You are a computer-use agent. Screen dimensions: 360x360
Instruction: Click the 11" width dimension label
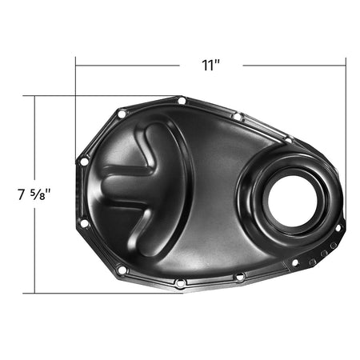(x=210, y=66)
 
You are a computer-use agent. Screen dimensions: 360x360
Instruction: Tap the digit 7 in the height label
(x=22, y=194)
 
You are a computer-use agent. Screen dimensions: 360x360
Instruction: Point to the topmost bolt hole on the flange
(x=182, y=101)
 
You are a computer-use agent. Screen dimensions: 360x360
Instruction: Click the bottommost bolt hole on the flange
(x=180, y=282)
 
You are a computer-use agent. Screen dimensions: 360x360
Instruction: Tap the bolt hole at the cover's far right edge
(x=338, y=228)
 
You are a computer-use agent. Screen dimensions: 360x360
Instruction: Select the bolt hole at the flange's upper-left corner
(x=122, y=114)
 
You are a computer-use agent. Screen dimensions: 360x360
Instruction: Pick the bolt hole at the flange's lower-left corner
(x=122, y=270)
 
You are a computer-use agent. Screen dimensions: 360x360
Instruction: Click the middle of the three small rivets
(x=324, y=254)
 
